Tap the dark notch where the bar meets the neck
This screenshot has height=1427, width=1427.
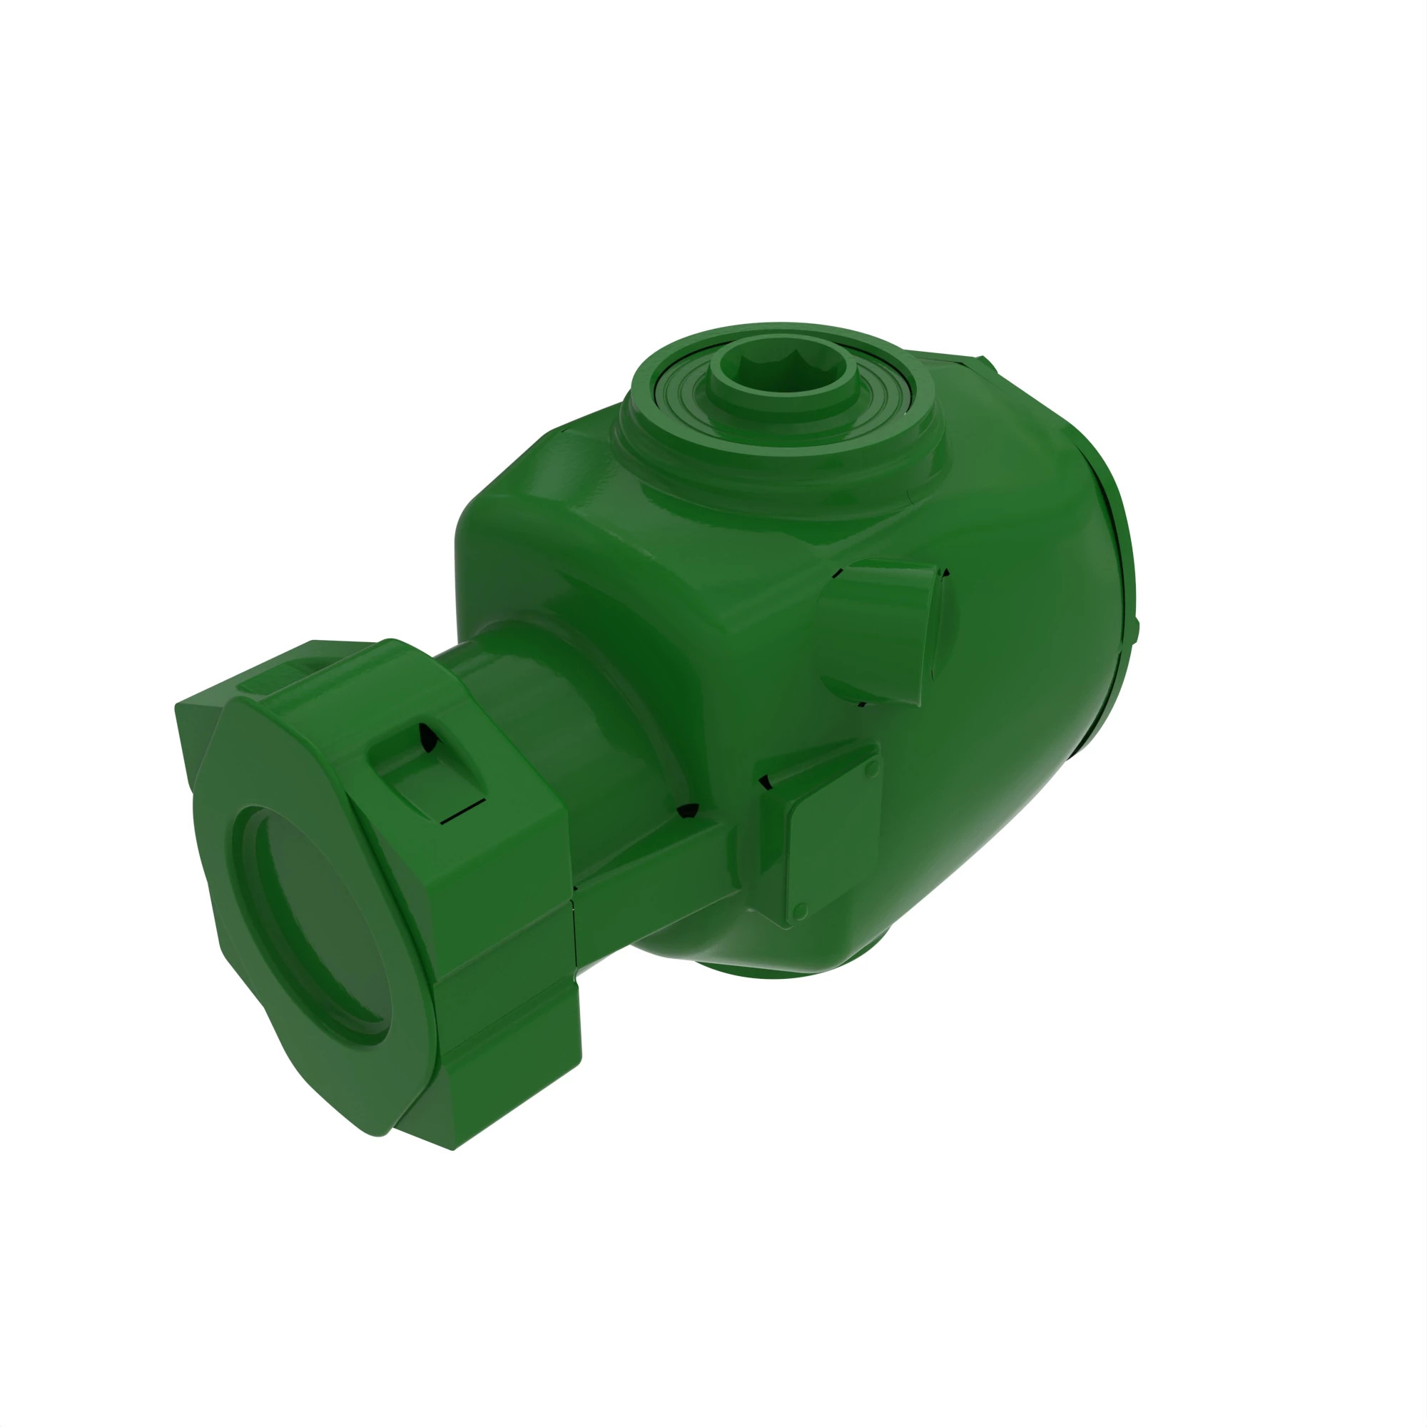point(689,811)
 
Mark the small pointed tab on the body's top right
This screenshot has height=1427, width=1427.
point(986,363)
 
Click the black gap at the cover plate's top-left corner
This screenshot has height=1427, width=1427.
point(766,781)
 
